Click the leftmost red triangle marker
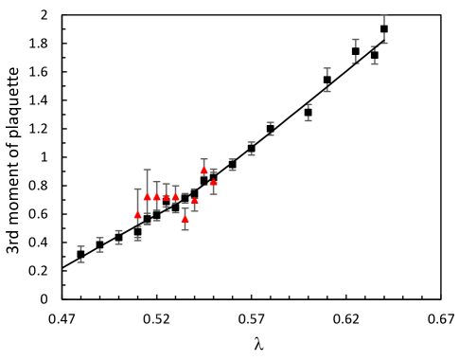click(138, 215)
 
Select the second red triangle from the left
click(148, 196)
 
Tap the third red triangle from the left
click(157, 197)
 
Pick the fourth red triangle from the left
click(167, 197)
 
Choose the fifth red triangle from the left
click(176, 196)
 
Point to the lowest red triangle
click(185, 219)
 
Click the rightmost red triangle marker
click(214, 182)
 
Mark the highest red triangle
click(204, 170)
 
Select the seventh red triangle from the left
click(195, 201)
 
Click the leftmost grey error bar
click(81, 254)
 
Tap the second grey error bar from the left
click(100, 244)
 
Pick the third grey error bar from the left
click(119, 237)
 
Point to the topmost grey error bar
click(384, 28)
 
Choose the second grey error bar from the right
click(375, 55)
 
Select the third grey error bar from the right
click(356, 50)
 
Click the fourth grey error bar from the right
click(327, 80)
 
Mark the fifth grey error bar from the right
click(309, 113)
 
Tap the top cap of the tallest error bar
click(148, 170)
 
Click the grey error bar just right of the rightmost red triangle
click(233, 165)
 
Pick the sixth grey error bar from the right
click(271, 129)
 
